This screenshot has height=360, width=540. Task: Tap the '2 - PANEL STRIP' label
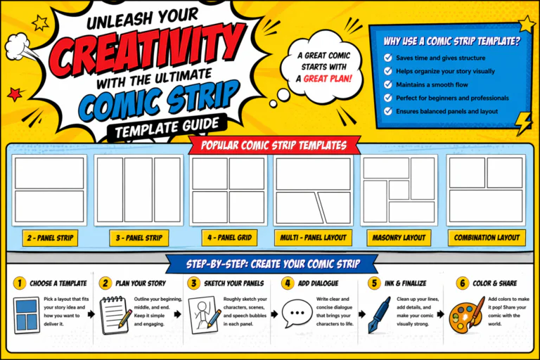point(49,238)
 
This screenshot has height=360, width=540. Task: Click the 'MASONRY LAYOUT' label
point(399,238)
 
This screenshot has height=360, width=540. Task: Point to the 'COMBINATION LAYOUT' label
point(487,238)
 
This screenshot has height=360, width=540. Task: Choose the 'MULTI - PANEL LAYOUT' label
point(313,238)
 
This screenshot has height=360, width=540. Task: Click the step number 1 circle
point(20,283)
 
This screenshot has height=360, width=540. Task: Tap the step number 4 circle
point(287,283)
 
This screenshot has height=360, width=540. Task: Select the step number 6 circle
point(462,283)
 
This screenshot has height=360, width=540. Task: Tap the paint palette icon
point(465,316)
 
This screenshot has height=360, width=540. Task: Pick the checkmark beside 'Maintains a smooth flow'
point(387,85)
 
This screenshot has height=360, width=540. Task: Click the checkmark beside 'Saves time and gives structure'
point(387,58)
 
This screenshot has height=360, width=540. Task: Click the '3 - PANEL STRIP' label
point(138,238)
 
